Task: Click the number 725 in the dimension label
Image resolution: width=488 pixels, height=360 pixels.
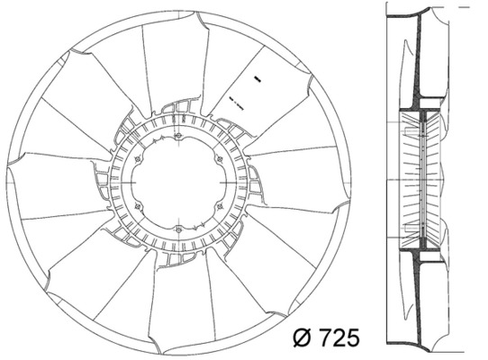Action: [x=333, y=338]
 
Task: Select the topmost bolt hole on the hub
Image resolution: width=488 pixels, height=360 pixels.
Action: [x=181, y=138]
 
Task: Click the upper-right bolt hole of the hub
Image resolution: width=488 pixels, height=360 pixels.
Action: [x=221, y=161]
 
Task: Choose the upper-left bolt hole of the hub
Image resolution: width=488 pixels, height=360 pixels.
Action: [x=138, y=162]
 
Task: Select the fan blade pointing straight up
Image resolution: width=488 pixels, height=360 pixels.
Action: [x=180, y=63]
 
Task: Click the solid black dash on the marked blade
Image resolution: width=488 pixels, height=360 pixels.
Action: [x=256, y=79]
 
